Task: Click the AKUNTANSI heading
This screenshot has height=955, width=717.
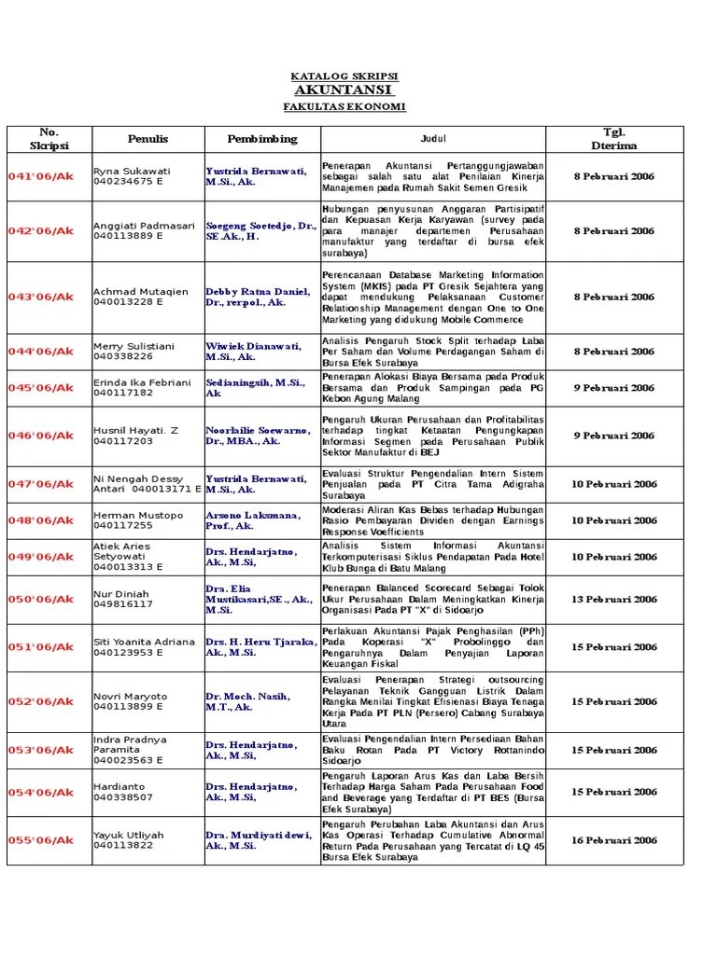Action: click(x=344, y=90)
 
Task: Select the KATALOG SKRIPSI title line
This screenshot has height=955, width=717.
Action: click(x=344, y=76)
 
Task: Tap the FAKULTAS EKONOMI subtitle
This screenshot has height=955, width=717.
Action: click(x=344, y=107)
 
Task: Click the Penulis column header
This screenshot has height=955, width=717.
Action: click(x=148, y=139)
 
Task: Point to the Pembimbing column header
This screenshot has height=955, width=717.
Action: click(x=261, y=139)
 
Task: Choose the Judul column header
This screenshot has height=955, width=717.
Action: click(x=433, y=139)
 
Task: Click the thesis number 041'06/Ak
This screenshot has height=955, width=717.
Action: click(x=40, y=176)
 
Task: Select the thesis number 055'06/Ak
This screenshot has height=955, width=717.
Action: click(x=40, y=840)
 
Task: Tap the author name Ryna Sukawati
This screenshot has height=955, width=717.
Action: click(x=132, y=171)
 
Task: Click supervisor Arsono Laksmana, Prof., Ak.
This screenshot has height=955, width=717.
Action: click(x=253, y=520)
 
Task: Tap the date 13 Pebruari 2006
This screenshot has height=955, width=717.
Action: click(x=614, y=600)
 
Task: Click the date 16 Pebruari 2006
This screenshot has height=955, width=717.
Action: click(x=614, y=840)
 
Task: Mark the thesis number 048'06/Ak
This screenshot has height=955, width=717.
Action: click(x=40, y=520)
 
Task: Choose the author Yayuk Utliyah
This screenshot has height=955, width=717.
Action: click(x=128, y=835)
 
